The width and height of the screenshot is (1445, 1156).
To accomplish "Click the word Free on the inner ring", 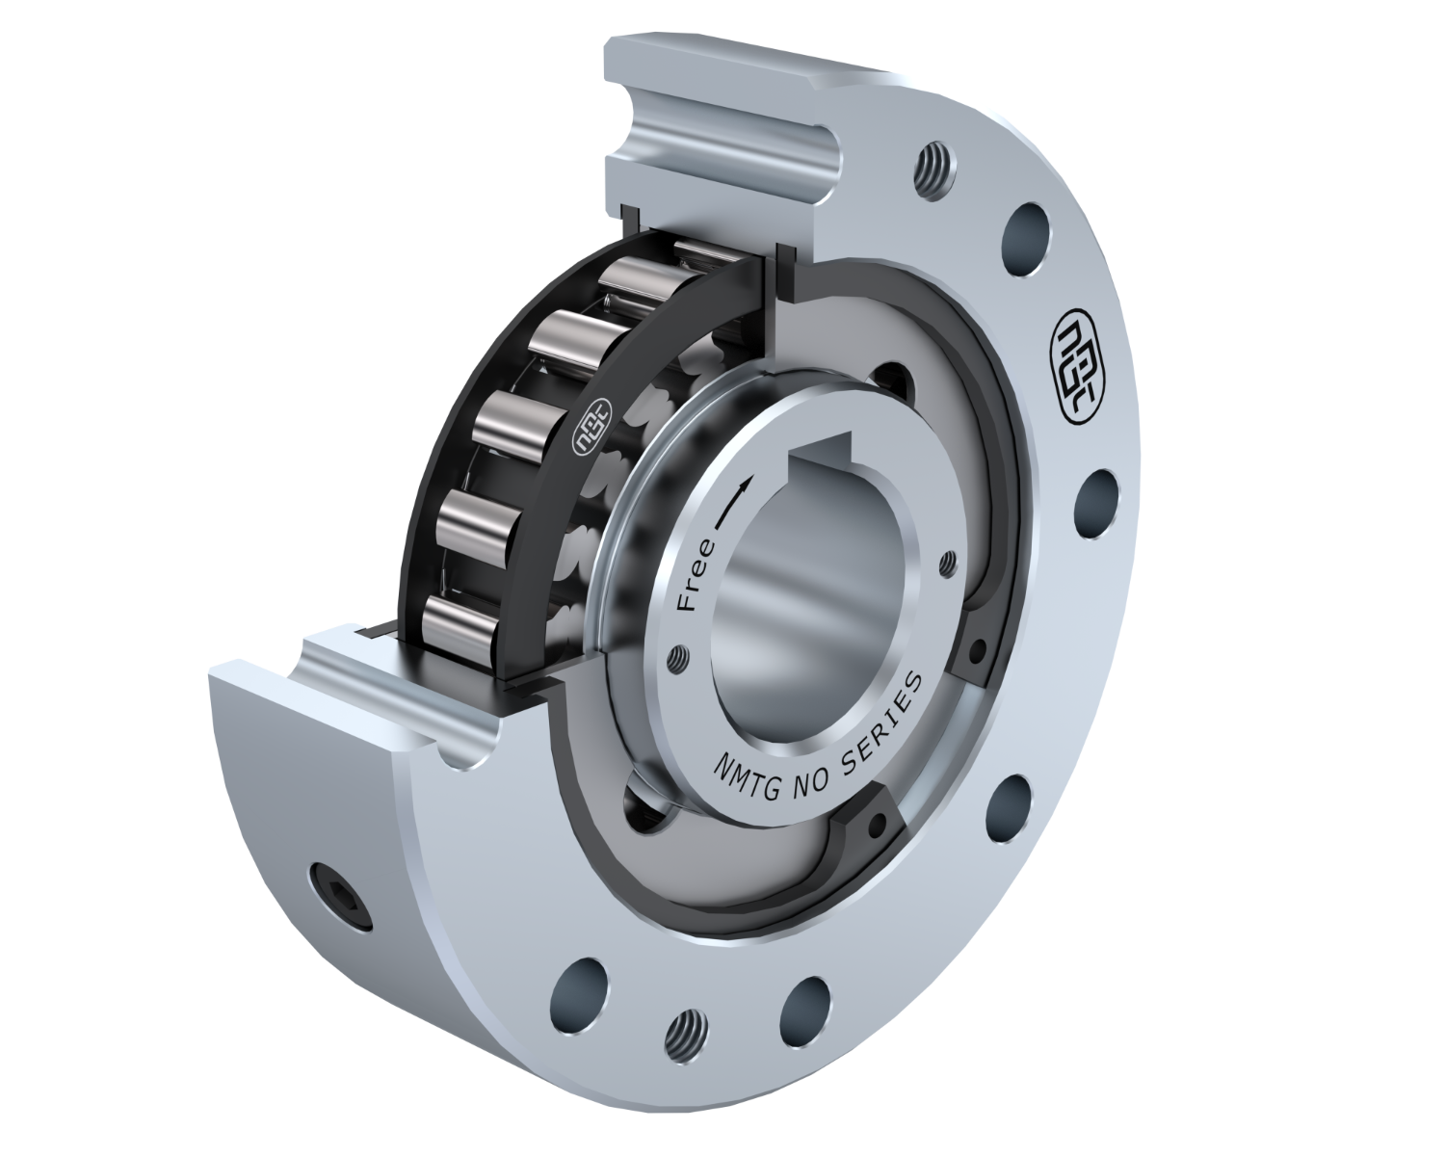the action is (697, 576).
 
